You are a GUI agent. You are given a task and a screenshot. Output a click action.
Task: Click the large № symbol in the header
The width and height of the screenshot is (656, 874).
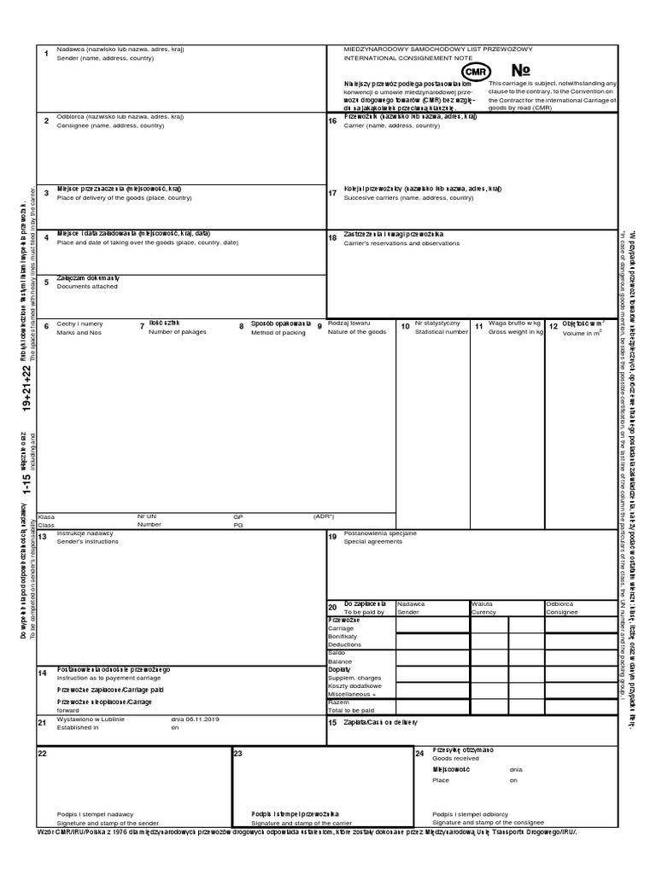point(521,70)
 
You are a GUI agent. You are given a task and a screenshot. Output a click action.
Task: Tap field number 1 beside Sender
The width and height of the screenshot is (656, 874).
point(46,55)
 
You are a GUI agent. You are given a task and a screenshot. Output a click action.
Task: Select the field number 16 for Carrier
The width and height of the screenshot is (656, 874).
point(333,121)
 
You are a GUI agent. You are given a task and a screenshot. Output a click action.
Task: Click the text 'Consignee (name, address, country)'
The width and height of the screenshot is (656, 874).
point(110,125)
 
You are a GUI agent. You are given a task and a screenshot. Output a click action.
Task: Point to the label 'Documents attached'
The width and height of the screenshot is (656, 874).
point(87,287)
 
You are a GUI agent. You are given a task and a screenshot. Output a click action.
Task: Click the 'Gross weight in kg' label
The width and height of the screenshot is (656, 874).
point(516,331)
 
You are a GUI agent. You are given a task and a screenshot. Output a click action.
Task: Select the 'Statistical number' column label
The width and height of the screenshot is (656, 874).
point(442,331)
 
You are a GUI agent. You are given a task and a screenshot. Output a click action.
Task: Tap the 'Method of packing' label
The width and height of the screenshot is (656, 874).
point(278,332)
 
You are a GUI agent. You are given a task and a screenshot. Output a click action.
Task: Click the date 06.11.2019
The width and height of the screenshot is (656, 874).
point(202,720)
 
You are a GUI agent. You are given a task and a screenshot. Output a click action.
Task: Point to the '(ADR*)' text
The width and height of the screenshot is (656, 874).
point(324,516)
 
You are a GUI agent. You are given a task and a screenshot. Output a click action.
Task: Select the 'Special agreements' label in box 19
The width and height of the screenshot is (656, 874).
point(373,541)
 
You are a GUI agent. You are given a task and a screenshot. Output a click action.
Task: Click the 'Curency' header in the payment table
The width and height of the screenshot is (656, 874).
point(483,612)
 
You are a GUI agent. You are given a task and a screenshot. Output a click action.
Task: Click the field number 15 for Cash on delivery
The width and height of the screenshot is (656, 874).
point(333,723)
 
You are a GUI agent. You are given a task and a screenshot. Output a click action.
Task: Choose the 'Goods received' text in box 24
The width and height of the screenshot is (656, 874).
point(456,757)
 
